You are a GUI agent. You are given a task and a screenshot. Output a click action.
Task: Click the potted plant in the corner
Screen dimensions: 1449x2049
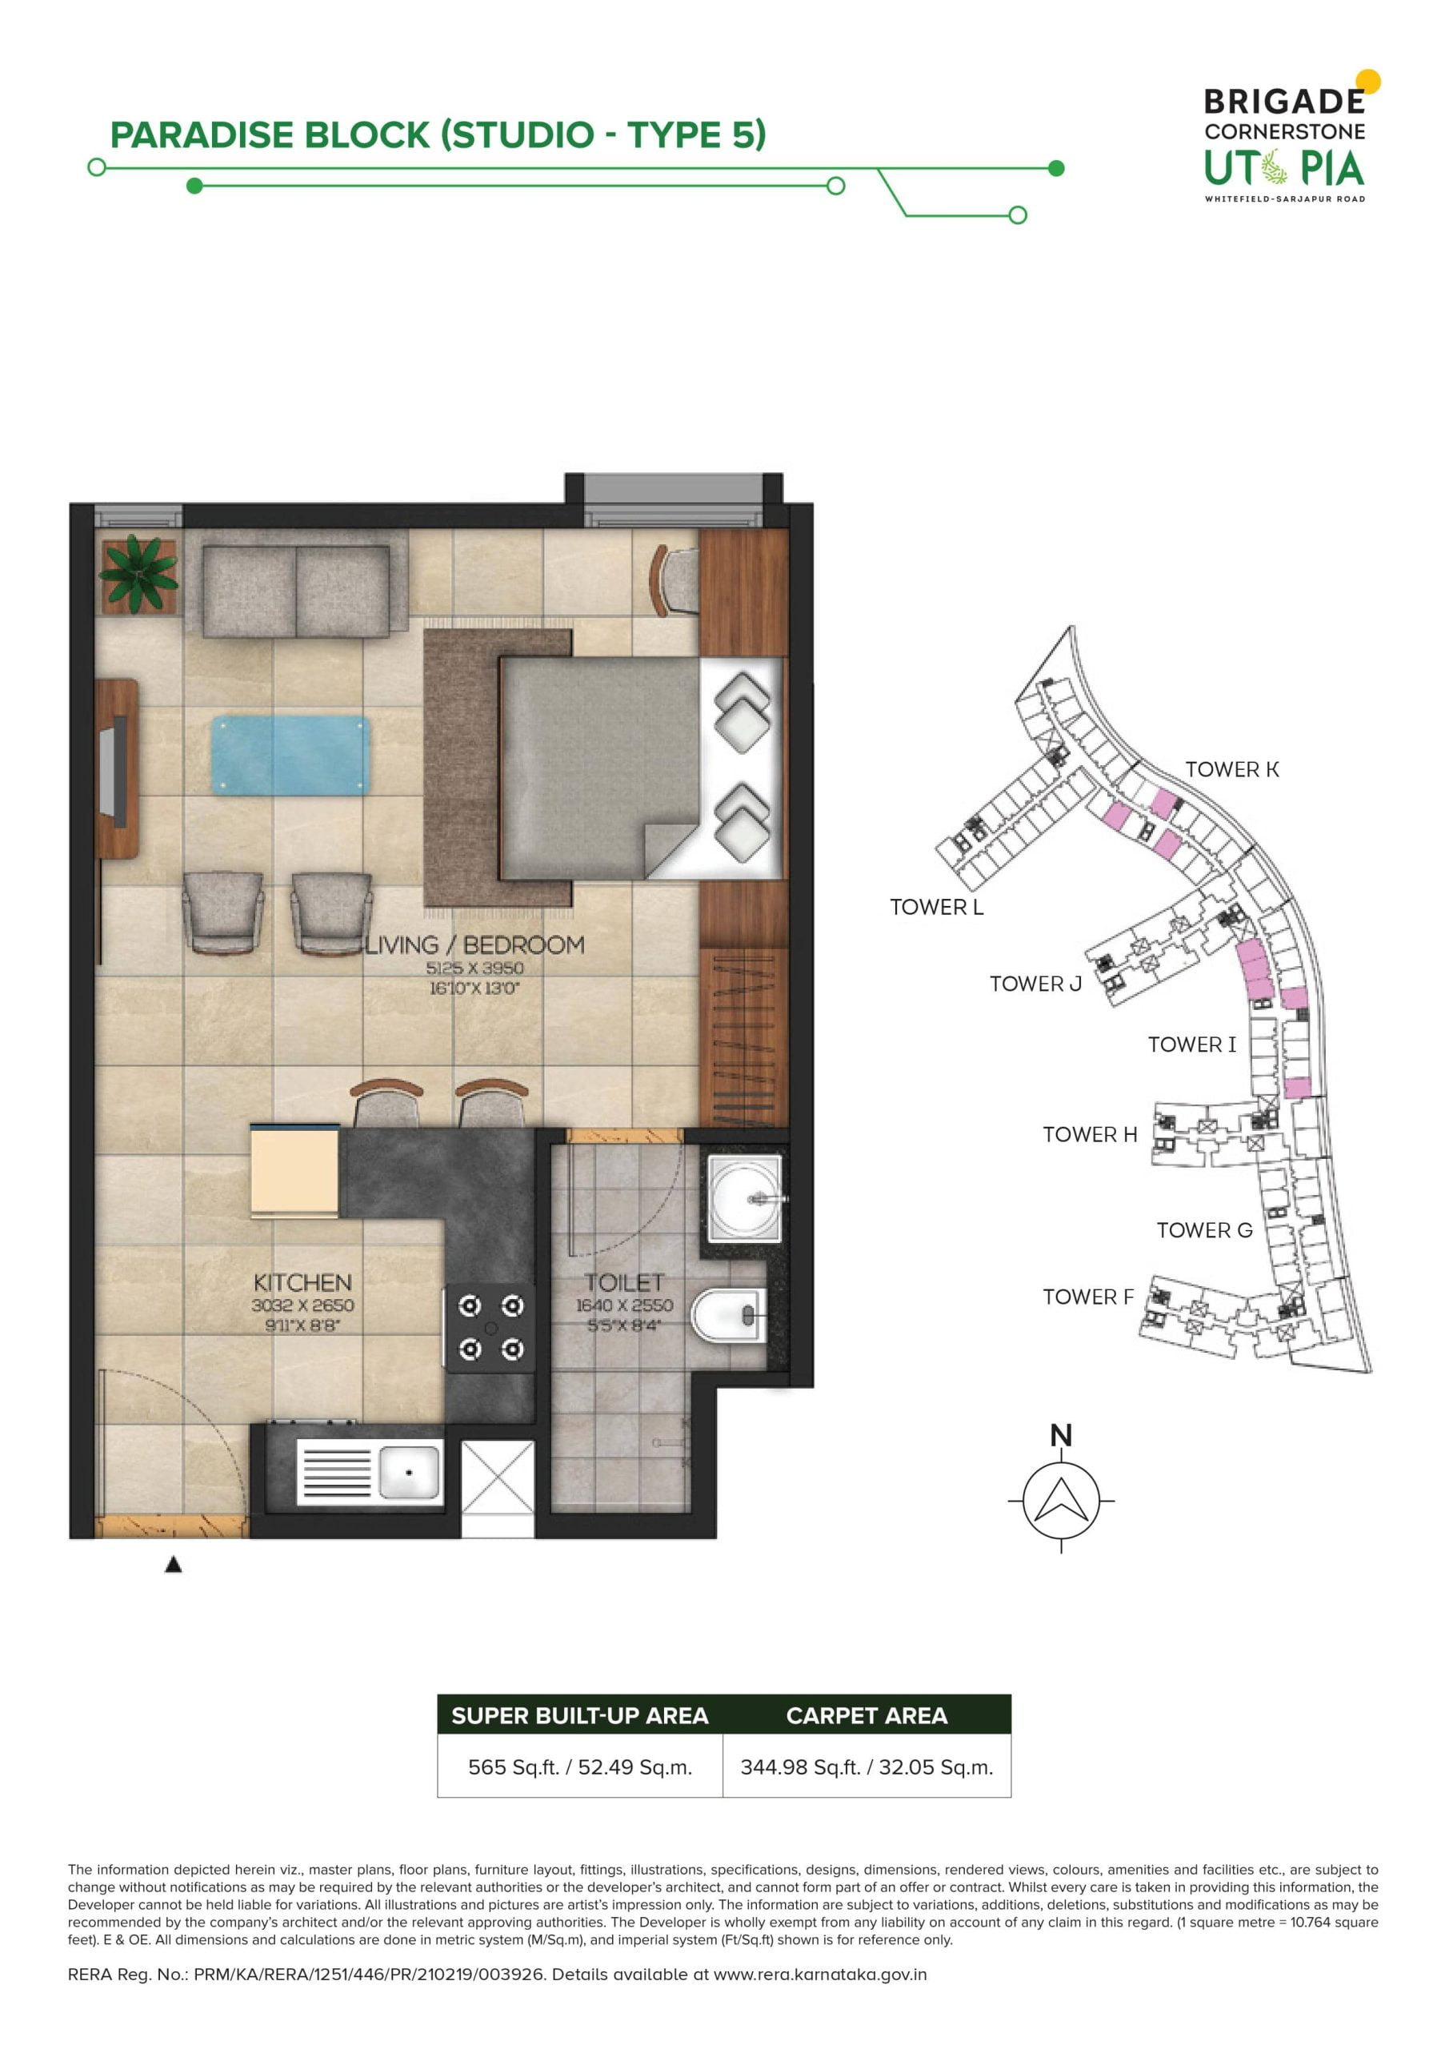point(138,575)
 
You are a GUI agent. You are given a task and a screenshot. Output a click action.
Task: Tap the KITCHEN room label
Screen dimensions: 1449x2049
point(302,1282)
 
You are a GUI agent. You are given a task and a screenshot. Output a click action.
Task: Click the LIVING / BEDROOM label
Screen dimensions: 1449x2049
point(475,945)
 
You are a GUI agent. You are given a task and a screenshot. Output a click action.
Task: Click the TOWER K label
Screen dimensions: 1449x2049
point(1232,769)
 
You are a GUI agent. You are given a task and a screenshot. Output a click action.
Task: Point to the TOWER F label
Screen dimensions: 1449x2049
point(1088,1297)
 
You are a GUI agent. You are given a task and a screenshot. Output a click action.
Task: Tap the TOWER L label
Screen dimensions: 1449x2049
point(937,907)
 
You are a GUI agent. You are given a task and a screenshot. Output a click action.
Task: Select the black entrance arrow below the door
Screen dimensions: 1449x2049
point(174,1565)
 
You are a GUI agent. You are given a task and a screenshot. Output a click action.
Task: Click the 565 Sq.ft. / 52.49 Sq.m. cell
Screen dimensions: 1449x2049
point(580,1767)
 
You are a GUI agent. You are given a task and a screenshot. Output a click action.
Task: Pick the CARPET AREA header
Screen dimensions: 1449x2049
point(867,1715)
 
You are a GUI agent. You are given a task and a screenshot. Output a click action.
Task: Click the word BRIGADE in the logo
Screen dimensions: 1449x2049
point(1285,102)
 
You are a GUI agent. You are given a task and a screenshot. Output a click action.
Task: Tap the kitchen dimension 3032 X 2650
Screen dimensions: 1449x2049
point(302,1305)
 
